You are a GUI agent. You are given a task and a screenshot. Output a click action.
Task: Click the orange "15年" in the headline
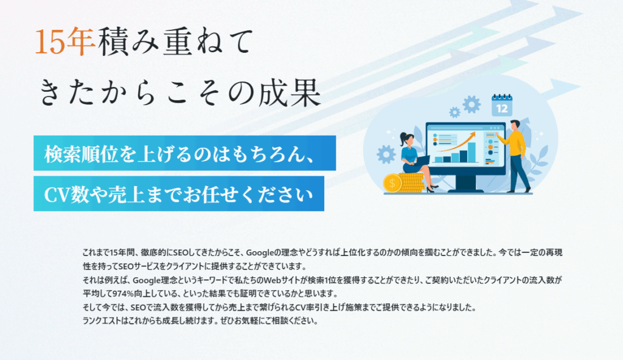click(x=64, y=41)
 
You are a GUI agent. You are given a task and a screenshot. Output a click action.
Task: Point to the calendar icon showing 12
click(x=502, y=105)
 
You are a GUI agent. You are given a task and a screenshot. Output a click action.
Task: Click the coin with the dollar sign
click(x=392, y=184)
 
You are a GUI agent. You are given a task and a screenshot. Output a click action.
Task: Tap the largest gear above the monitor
click(x=472, y=104)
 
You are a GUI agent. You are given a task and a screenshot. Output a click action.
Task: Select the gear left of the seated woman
click(x=386, y=154)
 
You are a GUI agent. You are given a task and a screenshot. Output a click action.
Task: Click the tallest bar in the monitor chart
click(x=472, y=152)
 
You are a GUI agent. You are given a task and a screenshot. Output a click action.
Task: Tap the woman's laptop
click(x=422, y=161)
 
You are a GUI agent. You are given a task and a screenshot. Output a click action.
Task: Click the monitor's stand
click(x=466, y=184)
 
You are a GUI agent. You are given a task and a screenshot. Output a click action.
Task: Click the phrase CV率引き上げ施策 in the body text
click(x=327, y=307)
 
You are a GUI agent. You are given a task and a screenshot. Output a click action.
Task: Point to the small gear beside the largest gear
click(x=454, y=112)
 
